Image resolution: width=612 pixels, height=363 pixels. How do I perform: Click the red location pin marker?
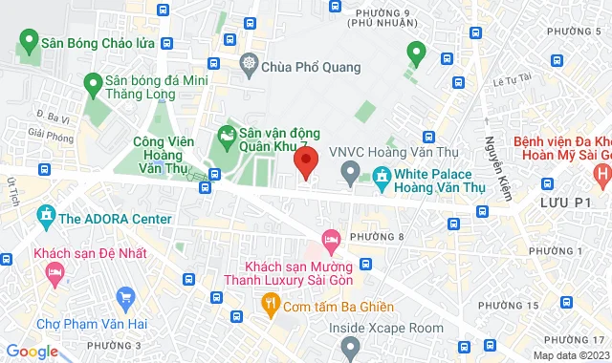pos(305,163)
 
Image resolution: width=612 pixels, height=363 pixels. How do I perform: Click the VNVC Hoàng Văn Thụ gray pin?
pos(350,175)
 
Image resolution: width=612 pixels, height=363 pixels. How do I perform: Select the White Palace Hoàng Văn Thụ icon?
pos(382,175)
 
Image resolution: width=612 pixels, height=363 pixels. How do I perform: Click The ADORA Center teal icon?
pos(46,219)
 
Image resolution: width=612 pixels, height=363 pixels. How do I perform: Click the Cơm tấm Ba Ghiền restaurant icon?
pos(270,305)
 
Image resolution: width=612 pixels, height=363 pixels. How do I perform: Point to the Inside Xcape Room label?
pos(386,328)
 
